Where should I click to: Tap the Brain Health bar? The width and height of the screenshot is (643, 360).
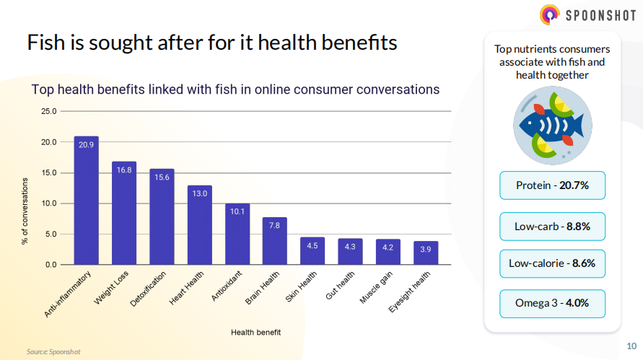[x=275, y=241]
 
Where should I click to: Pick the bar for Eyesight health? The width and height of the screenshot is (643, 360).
[x=426, y=253]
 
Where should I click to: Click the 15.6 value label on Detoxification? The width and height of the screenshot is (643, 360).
[x=162, y=177]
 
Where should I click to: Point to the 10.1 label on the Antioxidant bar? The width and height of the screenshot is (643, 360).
[x=237, y=211]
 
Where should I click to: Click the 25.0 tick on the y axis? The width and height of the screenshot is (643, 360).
[x=48, y=112]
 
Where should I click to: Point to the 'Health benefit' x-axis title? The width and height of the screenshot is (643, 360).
[x=255, y=332]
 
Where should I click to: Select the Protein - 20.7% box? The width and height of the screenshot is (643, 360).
[x=552, y=185]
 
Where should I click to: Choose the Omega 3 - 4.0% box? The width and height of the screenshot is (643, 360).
[x=552, y=303]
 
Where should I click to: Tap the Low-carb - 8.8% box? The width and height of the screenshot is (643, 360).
[x=552, y=226]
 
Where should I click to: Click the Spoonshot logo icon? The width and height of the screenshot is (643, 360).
[x=550, y=14]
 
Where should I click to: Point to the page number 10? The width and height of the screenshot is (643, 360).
[x=631, y=345]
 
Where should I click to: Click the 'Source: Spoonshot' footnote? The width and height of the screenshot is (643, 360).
[x=53, y=351]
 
